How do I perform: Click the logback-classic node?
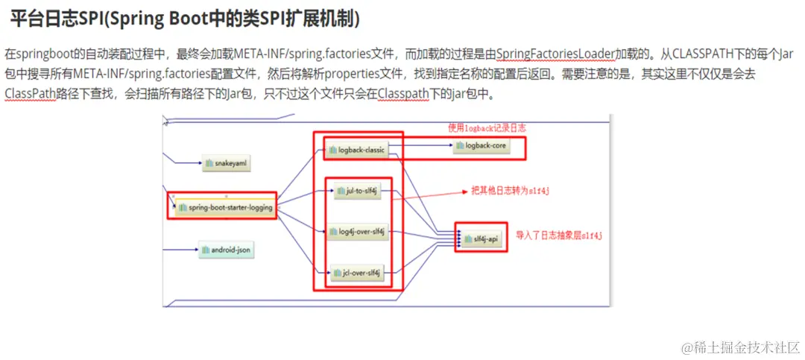click(358, 150)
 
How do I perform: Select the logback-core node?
click(481, 146)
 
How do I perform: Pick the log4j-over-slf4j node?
click(357, 232)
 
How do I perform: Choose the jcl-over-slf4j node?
click(357, 274)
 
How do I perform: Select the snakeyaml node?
click(225, 162)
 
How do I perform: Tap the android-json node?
click(227, 250)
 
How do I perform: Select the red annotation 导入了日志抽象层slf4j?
click(559, 236)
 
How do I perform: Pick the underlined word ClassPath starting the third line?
click(30, 94)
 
